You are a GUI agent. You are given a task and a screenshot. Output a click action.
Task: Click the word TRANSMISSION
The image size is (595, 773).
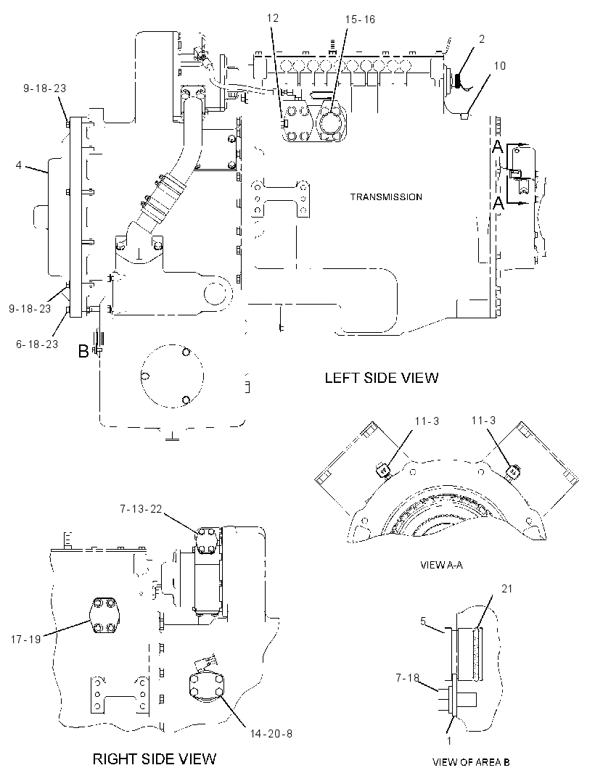click(x=386, y=197)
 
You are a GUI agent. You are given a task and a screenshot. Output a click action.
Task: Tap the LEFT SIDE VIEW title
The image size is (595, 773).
click(x=382, y=378)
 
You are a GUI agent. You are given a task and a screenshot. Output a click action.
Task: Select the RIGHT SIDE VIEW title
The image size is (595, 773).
click(x=155, y=758)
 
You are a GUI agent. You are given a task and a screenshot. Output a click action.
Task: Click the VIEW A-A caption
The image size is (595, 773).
click(x=442, y=565)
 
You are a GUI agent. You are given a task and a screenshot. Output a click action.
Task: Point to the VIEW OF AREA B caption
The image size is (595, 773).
click(x=471, y=762)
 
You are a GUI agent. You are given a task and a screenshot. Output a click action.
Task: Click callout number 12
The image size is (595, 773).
click(x=273, y=18)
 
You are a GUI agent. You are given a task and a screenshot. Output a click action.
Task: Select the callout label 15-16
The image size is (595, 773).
click(x=360, y=20)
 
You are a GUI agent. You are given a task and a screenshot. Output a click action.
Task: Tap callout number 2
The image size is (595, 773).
click(x=482, y=39)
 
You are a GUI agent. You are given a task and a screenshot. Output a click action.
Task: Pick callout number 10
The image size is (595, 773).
click(x=500, y=65)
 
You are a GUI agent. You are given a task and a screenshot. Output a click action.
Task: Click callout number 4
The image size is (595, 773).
click(x=19, y=165)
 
